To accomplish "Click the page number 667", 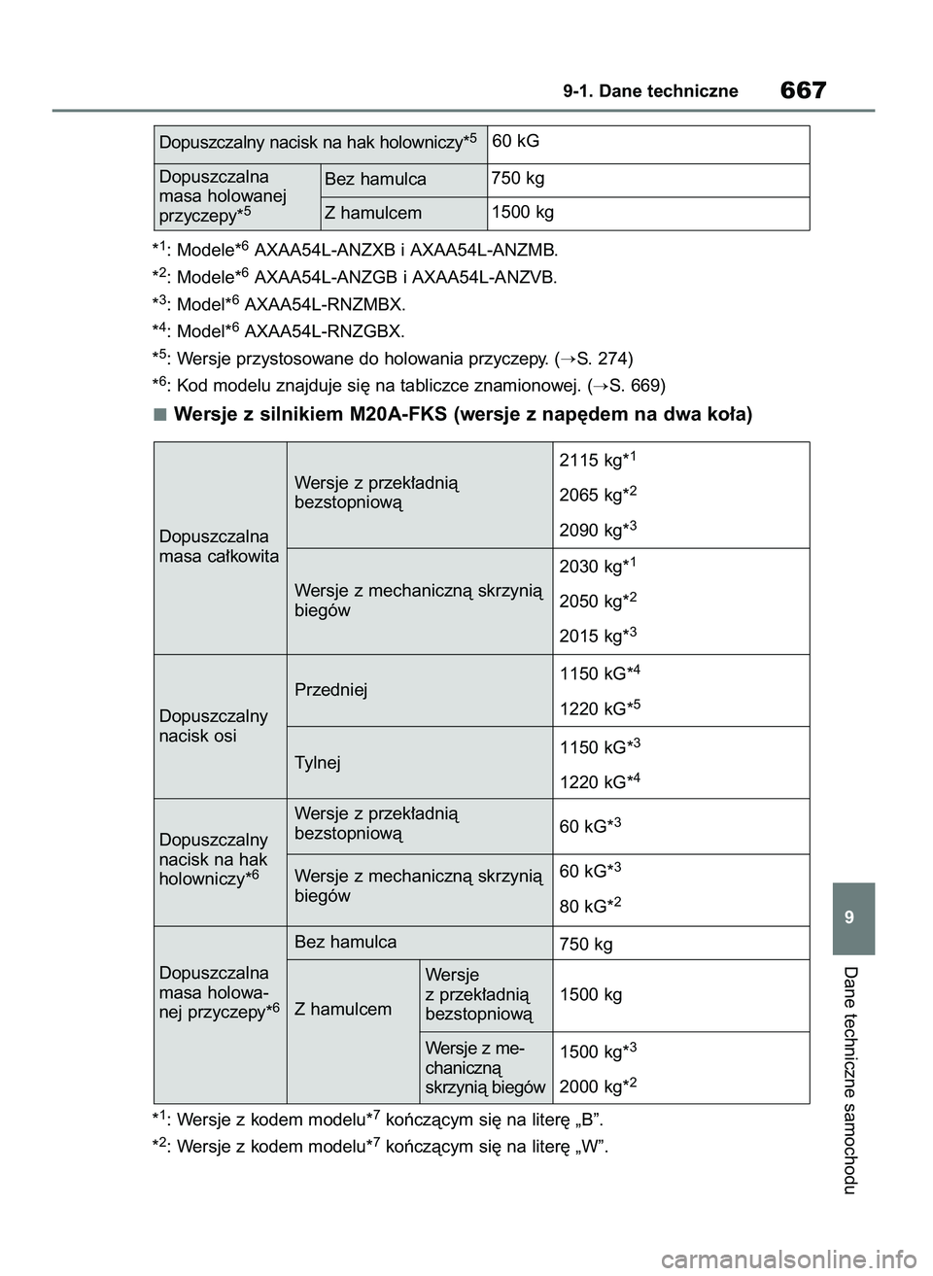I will [x=802, y=91].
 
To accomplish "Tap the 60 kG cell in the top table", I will [x=516, y=142].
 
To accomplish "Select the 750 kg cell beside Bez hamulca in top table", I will [x=518, y=179].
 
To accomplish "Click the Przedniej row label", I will [x=331, y=690].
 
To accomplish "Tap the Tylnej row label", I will [x=318, y=763].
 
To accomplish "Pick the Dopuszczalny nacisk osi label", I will [x=213, y=726].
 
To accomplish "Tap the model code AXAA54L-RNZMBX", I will [x=326, y=303].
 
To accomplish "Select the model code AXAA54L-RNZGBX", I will [x=326, y=330].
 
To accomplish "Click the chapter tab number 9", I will [x=853, y=918].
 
